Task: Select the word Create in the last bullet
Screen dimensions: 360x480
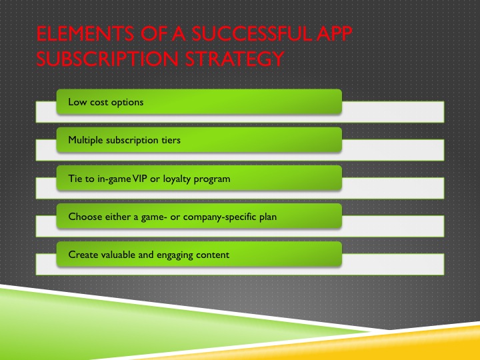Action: click(81, 255)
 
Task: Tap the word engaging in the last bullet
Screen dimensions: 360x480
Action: click(175, 255)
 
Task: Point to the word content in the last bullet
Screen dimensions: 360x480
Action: click(213, 255)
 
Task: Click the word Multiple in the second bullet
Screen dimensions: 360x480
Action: click(85, 141)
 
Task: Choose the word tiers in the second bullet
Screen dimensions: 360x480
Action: click(169, 141)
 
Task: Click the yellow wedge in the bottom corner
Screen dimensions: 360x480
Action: click(440, 343)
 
